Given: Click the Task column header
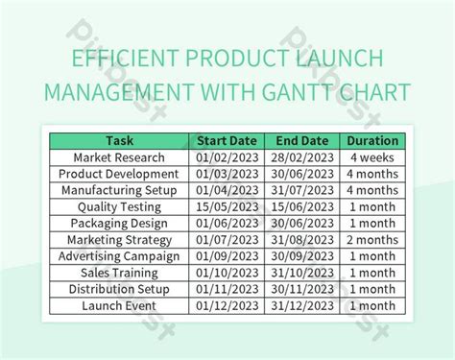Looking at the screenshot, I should tap(119, 140).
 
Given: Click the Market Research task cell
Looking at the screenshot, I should tap(119, 156).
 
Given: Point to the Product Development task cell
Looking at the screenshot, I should tap(119, 174).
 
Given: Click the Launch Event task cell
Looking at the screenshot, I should tap(119, 306).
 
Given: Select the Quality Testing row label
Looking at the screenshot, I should tap(119, 206).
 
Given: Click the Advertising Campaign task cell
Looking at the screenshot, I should tap(119, 256).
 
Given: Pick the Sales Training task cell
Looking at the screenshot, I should tap(119, 273).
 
